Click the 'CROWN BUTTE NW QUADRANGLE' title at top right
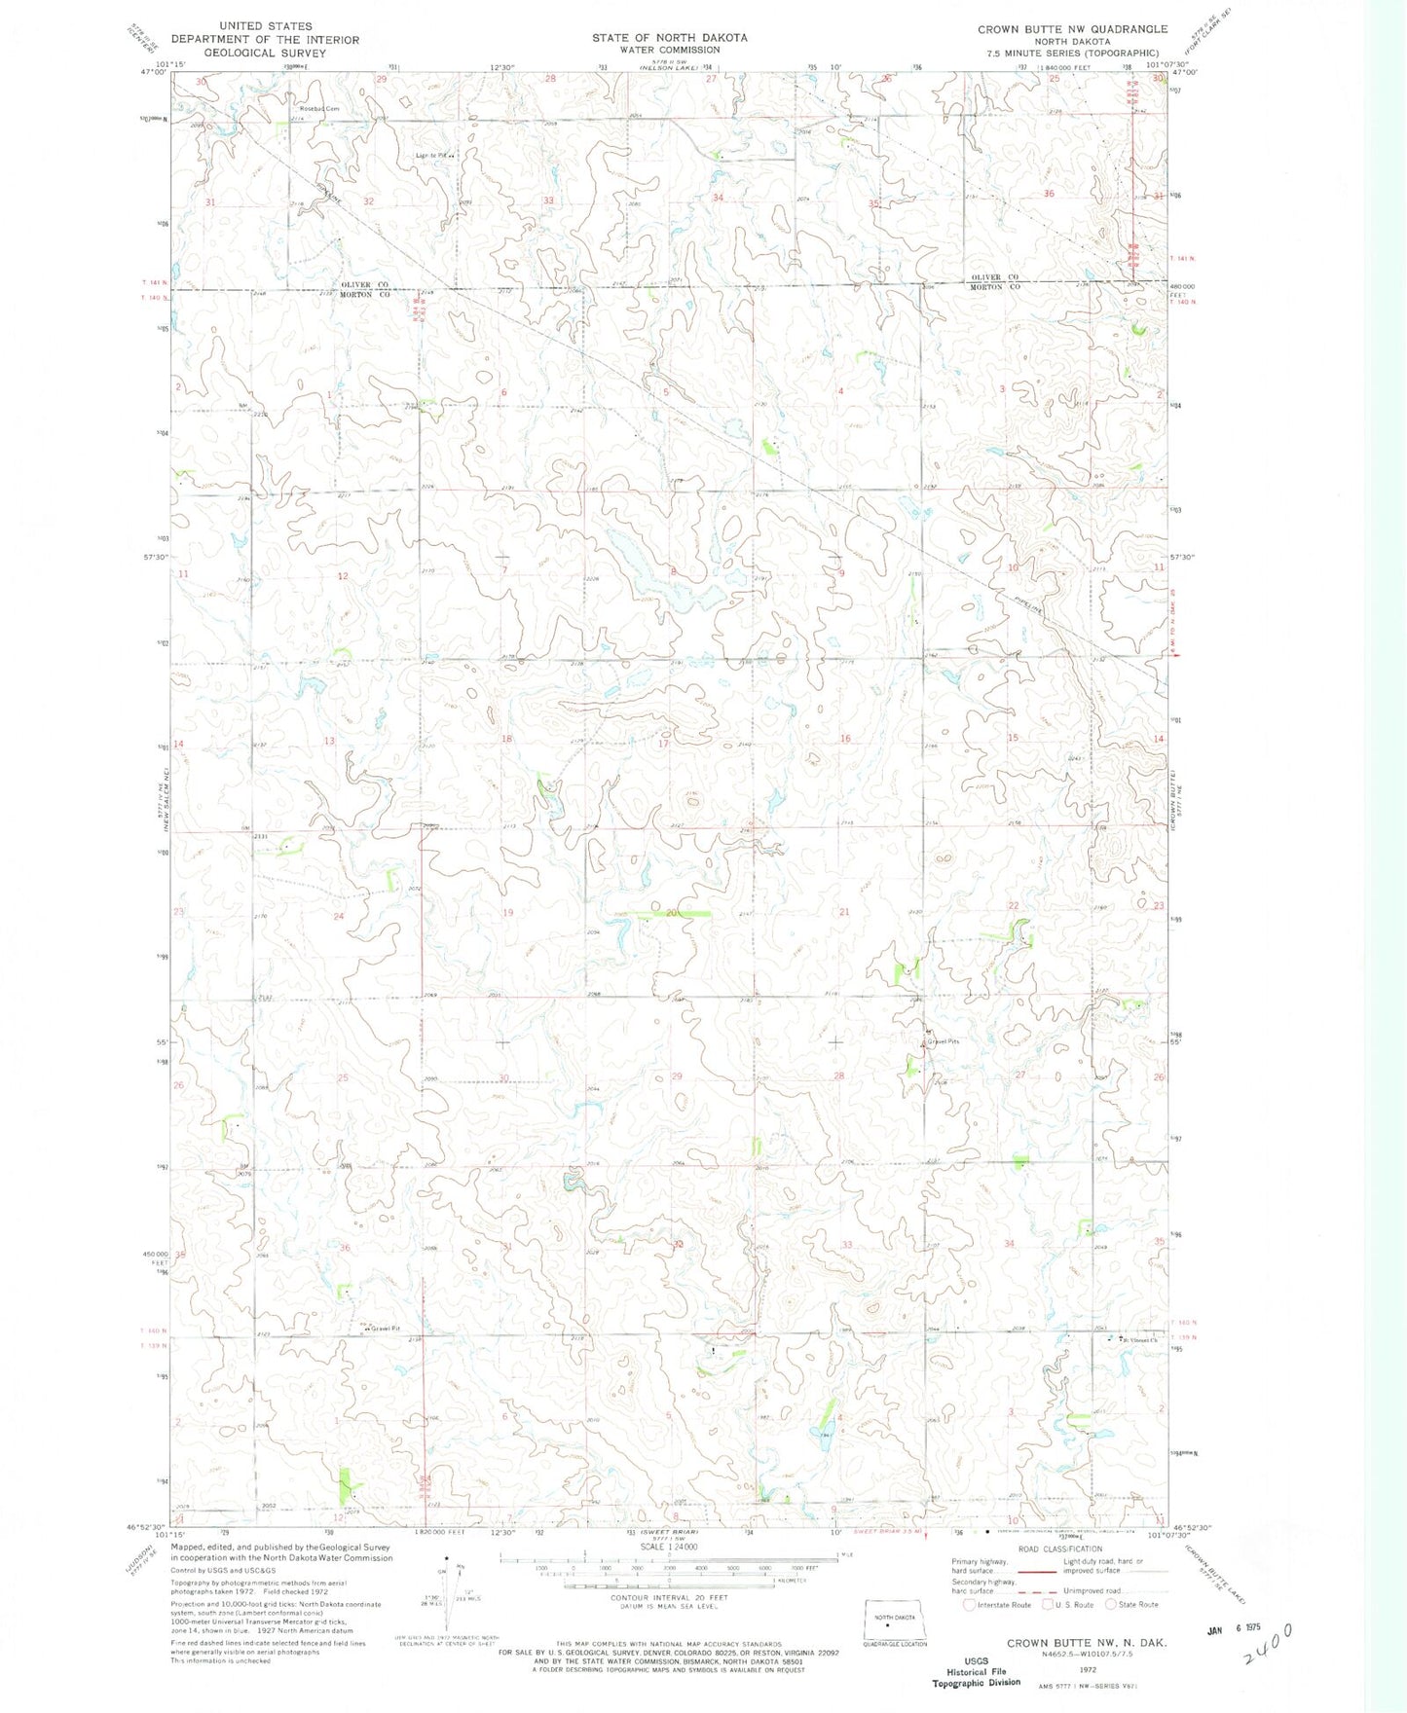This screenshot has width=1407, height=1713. pyautogui.click(x=1072, y=29)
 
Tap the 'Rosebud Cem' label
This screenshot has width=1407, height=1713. pyautogui.click(x=318, y=108)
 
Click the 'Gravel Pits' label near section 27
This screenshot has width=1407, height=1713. pyautogui.click(x=943, y=1041)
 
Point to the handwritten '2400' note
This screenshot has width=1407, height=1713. pyautogui.click(x=1263, y=1659)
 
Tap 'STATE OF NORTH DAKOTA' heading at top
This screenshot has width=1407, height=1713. pyautogui.click(x=669, y=37)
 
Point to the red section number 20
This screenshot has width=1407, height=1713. pyautogui.click(x=673, y=912)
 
